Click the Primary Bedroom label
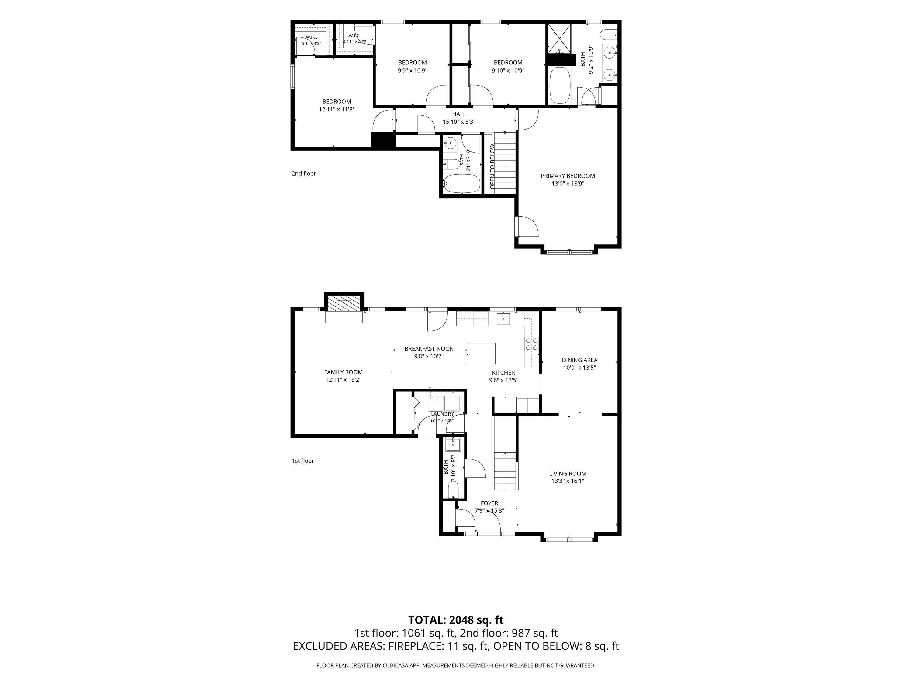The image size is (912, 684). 568,176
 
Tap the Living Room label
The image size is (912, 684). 568,474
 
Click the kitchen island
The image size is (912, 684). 481,353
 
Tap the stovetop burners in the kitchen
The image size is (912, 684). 531,344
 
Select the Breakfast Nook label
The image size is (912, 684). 429,349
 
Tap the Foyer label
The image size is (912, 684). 489,503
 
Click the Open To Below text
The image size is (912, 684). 492,167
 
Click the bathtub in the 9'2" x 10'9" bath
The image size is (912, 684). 560,85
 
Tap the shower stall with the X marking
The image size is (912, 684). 559,39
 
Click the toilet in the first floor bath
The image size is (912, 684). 453,491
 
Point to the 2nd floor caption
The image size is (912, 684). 304,174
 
